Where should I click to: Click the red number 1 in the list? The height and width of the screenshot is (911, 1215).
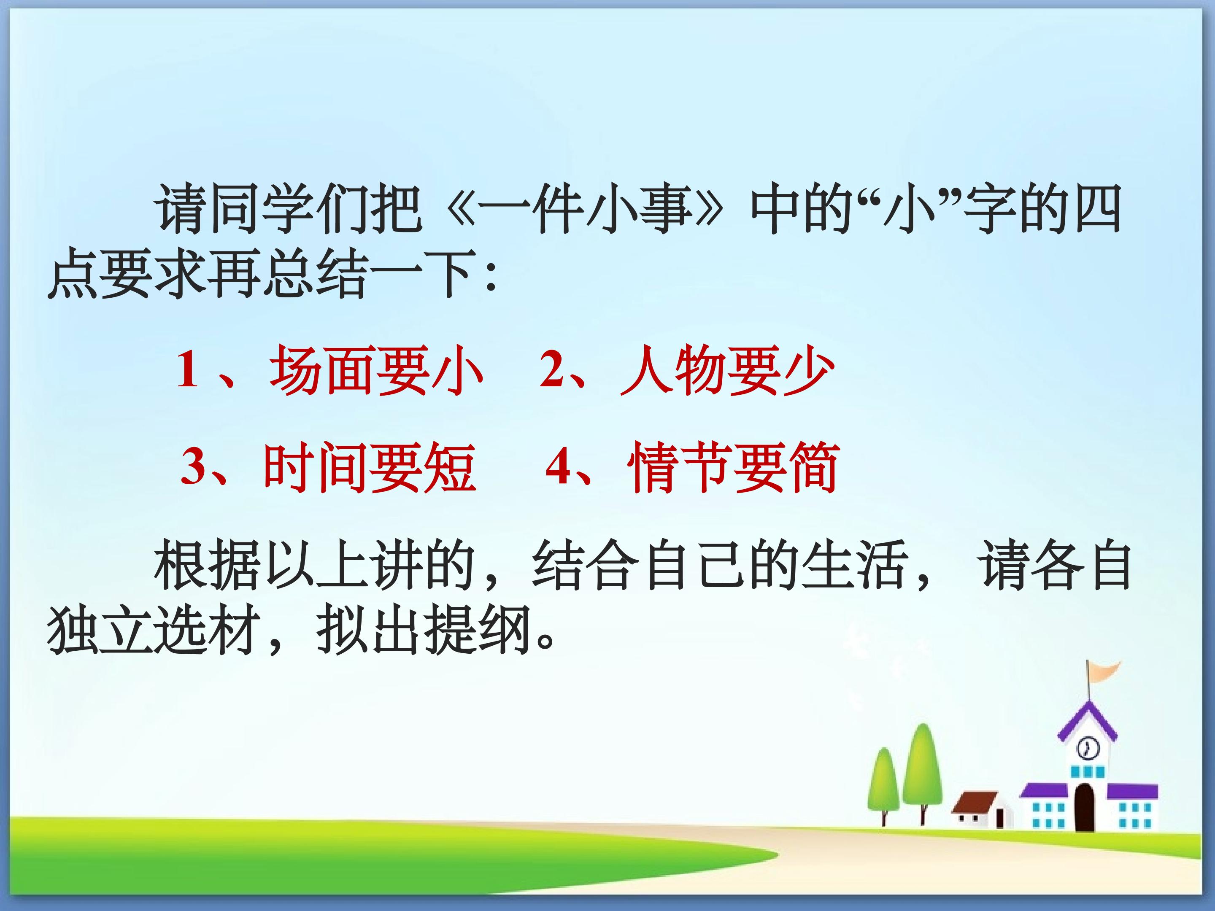point(187,370)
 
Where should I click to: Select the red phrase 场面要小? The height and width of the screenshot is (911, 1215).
point(376,371)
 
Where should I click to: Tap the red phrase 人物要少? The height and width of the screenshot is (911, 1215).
point(727,371)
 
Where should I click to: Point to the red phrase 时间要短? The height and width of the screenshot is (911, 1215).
point(370,468)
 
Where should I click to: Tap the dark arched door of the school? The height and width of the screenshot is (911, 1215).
point(1085,807)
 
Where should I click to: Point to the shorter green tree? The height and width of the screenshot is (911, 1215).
point(884,779)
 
